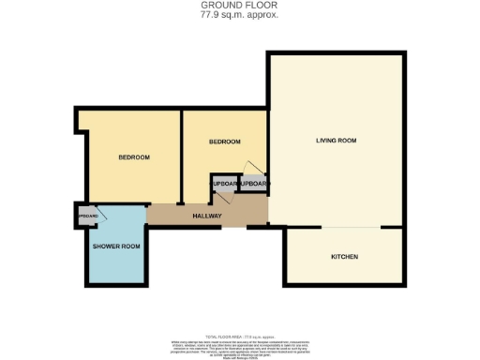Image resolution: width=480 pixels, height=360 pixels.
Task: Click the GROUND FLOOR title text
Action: click(239, 6)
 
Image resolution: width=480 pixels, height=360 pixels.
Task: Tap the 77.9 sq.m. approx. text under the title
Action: click(239, 15)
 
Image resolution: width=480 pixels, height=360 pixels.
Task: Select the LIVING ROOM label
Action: click(335, 141)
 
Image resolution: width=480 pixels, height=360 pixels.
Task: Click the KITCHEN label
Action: click(344, 257)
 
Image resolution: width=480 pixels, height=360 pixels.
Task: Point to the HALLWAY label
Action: click(206, 217)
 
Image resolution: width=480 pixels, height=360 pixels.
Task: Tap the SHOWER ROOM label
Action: click(116, 247)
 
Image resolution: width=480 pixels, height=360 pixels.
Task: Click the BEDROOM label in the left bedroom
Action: click(134, 157)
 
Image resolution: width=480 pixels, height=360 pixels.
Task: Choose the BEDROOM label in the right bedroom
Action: click(224, 142)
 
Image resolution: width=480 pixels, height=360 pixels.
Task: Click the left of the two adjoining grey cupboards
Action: click(223, 184)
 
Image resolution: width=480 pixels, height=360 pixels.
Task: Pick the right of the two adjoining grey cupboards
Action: click(253, 184)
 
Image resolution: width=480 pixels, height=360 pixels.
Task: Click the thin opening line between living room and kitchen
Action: click(351, 228)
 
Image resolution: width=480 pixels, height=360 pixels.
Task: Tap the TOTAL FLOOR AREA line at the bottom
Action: click(239, 335)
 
